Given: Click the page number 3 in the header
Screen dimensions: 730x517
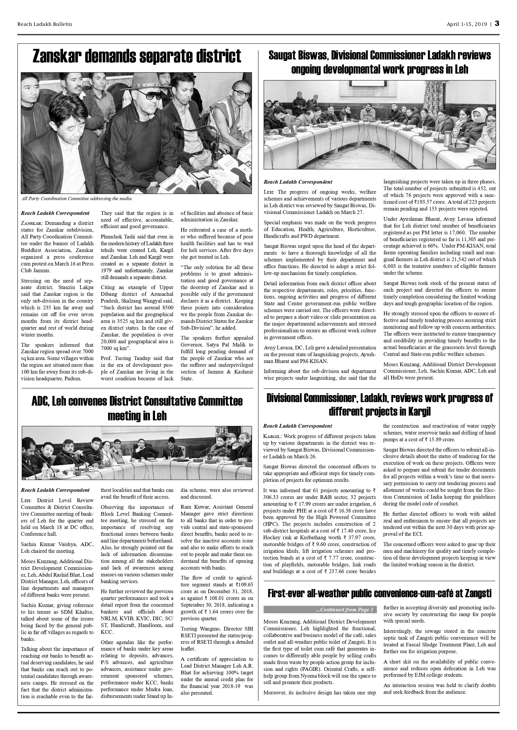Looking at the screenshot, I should pyautogui.click(x=497, y=24).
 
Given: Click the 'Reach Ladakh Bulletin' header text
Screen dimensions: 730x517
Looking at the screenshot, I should pyautogui.click(x=45, y=24).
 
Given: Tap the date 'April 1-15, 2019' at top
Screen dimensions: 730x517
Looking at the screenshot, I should pyautogui.click(x=467, y=24).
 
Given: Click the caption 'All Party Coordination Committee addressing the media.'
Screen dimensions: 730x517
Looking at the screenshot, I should pyautogui.click(x=77, y=199).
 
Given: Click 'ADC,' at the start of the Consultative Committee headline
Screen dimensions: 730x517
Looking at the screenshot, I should pyautogui.click(x=41, y=401).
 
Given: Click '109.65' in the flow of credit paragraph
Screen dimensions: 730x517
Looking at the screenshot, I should pyautogui.click(x=246, y=584).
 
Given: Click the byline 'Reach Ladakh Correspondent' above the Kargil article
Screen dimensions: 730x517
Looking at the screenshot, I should pyautogui.click(x=297, y=426).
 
